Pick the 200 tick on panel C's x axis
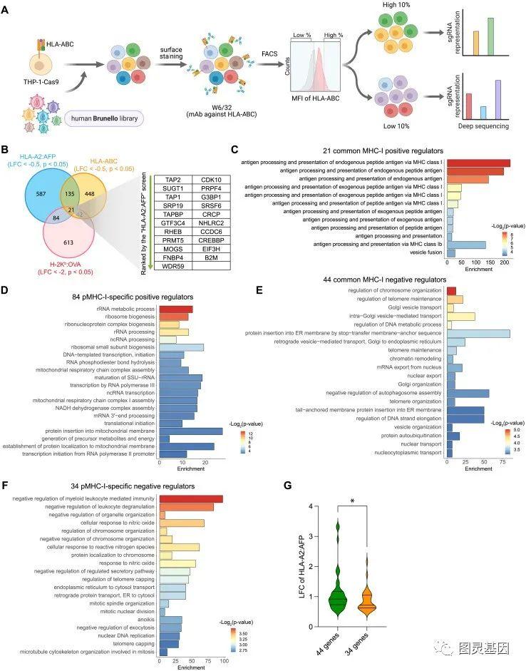click(503, 262)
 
